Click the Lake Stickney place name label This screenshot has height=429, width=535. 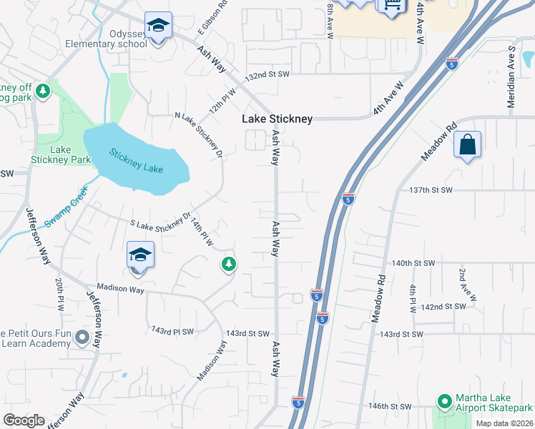(277, 119)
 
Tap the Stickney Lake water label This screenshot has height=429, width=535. (136, 161)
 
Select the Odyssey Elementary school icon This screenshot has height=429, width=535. (157, 26)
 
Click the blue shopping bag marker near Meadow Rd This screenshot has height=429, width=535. (467, 144)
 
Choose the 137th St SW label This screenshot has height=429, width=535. (432, 190)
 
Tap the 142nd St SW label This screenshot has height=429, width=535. (443, 306)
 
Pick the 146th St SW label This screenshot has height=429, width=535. (388, 406)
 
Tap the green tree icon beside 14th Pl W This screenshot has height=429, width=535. (229, 265)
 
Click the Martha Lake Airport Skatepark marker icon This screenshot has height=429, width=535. (444, 401)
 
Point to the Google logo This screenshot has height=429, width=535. (24, 420)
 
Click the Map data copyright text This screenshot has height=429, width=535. (504, 423)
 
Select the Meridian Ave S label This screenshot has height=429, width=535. (511, 78)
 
